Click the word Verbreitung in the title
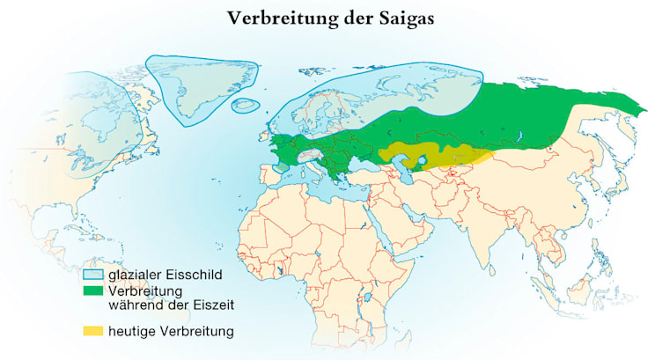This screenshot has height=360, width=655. pyautogui.click(x=276, y=18)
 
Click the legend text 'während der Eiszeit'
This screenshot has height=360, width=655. pyautogui.click(x=171, y=305)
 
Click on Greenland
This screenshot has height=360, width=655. pyautogui.click(x=198, y=84)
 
